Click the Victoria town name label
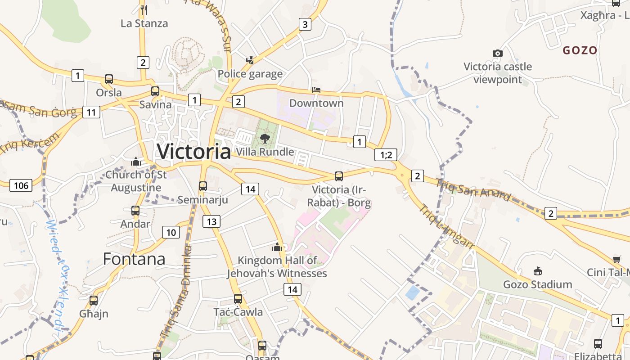(x=193, y=151)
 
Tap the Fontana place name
(x=134, y=259)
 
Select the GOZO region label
(x=580, y=50)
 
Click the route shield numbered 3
(x=305, y=24)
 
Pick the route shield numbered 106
(x=21, y=185)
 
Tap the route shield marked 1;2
(x=386, y=155)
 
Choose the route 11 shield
(x=91, y=112)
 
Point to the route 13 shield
(x=211, y=221)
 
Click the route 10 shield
(x=171, y=232)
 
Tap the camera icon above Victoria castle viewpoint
(x=497, y=53)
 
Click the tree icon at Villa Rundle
(x=265, y=138)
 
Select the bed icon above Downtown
(x=316, y=90)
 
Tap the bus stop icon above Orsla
(x=109, y=79)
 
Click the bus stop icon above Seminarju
(x=203, y=186)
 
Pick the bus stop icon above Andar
(x=135, y=210)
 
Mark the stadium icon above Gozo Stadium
(x=537, y=271)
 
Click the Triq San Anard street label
(x=474, y=189)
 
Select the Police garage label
(x=250, y=74)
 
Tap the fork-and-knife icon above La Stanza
(x=144, y=9)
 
